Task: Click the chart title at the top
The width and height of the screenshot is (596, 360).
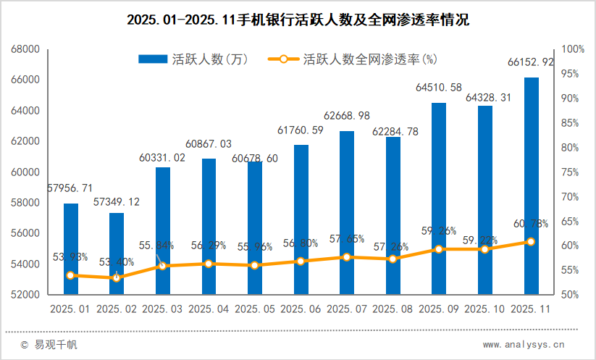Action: [298, 20]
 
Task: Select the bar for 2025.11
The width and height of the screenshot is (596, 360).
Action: [531, 186]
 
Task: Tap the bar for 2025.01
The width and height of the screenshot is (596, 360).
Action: [70, 249]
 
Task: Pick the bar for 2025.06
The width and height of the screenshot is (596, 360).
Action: [301, 219]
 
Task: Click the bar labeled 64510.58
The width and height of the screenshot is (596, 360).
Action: [439, 198]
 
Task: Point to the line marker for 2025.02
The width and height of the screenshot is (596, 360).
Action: [117, 278]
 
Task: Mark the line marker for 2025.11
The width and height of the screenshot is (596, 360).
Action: [531, 241]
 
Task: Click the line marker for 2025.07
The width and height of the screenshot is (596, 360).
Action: [347, 257]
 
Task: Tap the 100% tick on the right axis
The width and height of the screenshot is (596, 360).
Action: [573, 49]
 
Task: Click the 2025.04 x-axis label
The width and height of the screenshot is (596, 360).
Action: [209, 309]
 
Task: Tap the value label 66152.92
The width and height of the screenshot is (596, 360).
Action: [531, 63]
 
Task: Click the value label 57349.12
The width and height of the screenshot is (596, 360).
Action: [117, 201]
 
